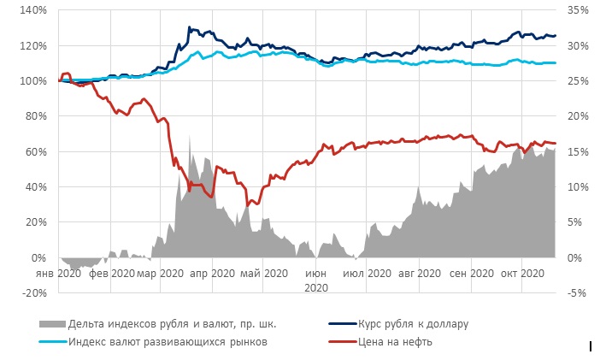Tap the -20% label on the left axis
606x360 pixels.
(x=34, y=292)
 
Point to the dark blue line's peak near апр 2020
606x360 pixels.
(x=189, y=27)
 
